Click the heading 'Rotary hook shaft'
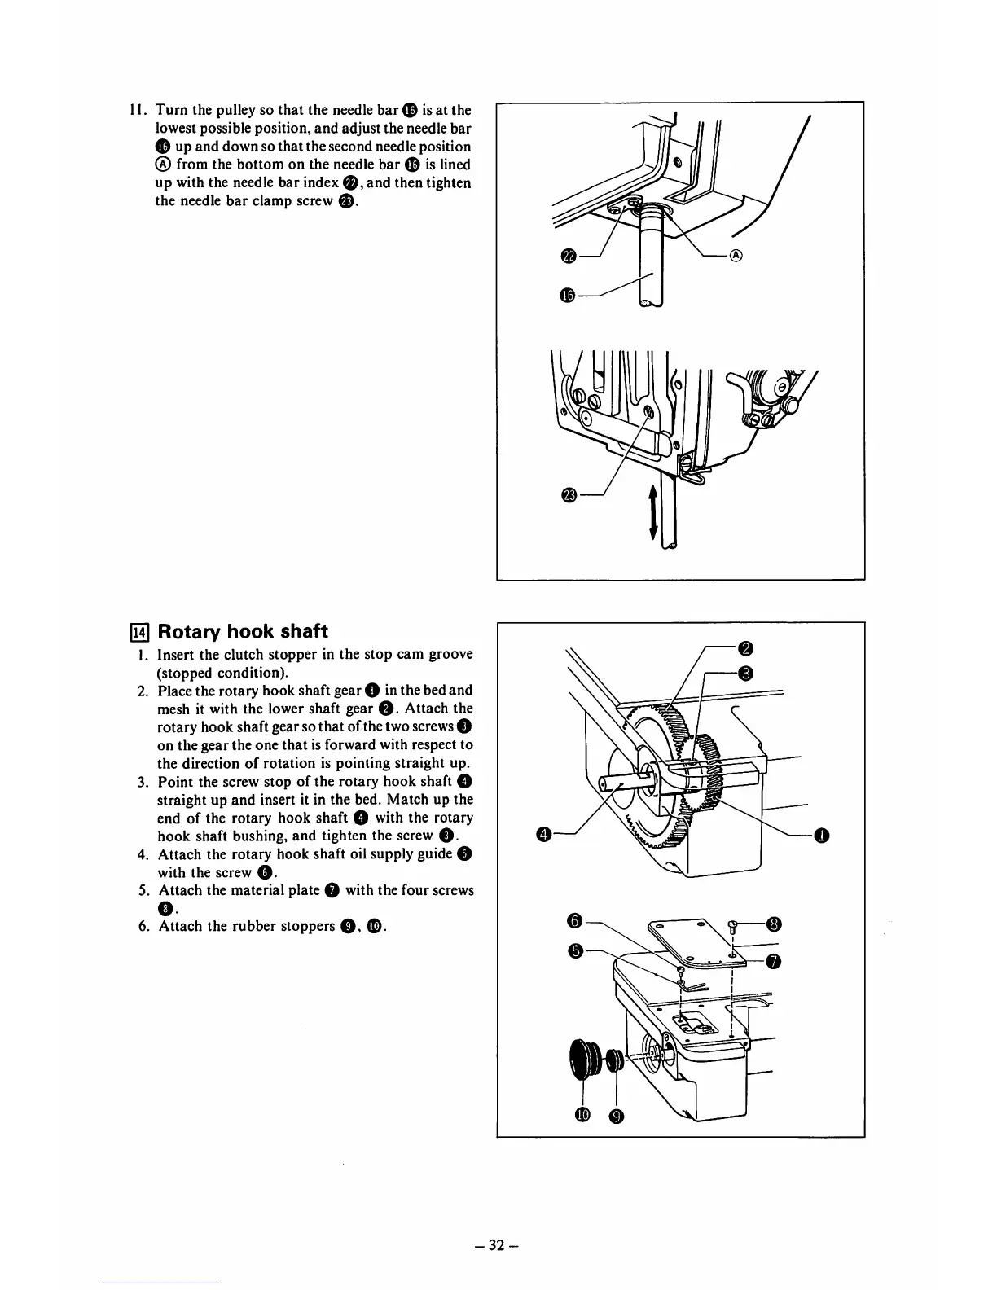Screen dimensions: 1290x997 242,631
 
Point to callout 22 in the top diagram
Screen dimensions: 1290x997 569,257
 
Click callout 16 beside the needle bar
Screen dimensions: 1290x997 569,296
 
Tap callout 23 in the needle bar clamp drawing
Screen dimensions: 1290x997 569,495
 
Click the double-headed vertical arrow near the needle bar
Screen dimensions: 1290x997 652,508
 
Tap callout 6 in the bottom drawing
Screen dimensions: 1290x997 573,920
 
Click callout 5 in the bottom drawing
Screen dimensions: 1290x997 573,950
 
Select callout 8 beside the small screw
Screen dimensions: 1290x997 775,924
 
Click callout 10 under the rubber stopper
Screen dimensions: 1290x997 582,1116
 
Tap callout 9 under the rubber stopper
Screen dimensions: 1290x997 617,1116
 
